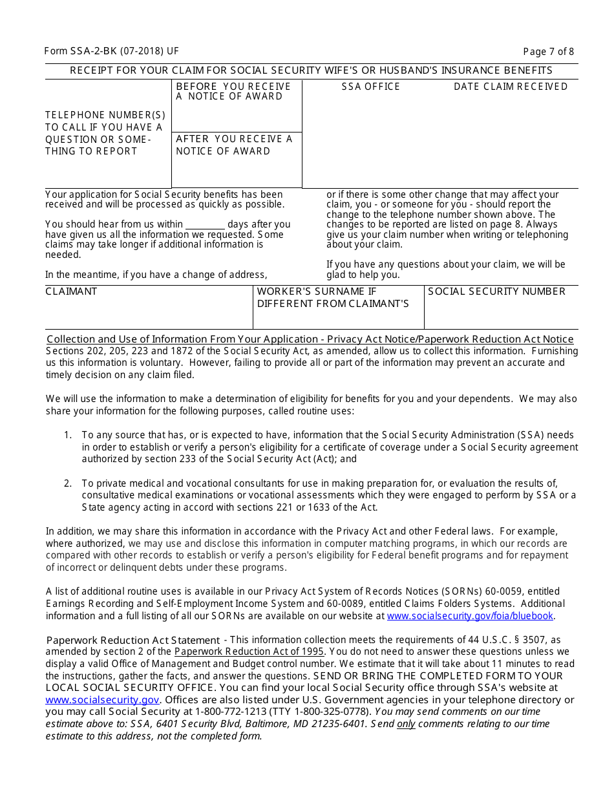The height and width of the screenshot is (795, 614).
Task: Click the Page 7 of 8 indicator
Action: (548, 52)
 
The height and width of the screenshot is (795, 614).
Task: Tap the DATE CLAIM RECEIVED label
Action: (511, 87)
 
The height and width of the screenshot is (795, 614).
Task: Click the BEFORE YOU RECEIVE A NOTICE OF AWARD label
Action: (233, 91)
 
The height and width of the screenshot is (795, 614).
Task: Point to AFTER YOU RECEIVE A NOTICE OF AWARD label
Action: (233, 145)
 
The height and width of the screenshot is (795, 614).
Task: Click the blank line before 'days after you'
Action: (205, 224)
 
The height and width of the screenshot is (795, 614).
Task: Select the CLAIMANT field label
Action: (71, 291)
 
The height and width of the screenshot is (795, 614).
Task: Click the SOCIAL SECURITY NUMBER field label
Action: (496, 291)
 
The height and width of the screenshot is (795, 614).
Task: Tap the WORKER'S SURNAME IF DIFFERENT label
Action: (333, 298)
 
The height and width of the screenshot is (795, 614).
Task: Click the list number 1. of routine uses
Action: (68, 436)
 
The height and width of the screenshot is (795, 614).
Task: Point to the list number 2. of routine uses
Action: (68, 483)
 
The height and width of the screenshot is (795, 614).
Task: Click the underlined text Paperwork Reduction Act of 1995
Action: (249, 652)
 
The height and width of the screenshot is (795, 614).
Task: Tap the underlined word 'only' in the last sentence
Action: (406, 724)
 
